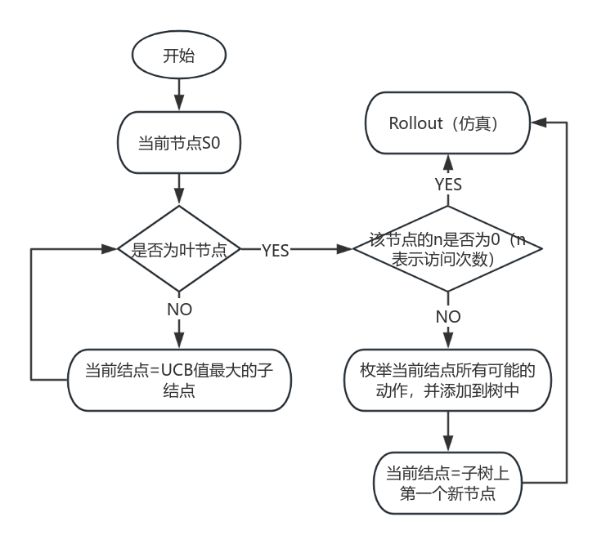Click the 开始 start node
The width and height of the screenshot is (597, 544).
point(179,56)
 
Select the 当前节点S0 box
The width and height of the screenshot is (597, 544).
point(179,144)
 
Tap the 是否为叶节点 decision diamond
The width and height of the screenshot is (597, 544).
point(179,250)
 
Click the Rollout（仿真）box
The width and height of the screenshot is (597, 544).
point(447,123)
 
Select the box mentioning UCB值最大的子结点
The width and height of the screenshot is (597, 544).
point(179,380)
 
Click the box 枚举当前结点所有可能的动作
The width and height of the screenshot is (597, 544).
point(448,381)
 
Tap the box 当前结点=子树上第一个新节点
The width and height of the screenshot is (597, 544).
point(448,484)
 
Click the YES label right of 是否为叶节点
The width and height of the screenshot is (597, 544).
point(275,251)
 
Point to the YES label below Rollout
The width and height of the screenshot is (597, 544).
point(448,185)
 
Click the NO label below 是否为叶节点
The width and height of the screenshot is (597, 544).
point(179,310)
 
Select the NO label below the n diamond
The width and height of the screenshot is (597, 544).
point(448,316)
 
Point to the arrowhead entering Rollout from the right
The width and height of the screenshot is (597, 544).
point(536,123)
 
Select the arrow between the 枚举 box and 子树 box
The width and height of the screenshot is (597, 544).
point(448,431)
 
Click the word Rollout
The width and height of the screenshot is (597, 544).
point(415,123)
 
